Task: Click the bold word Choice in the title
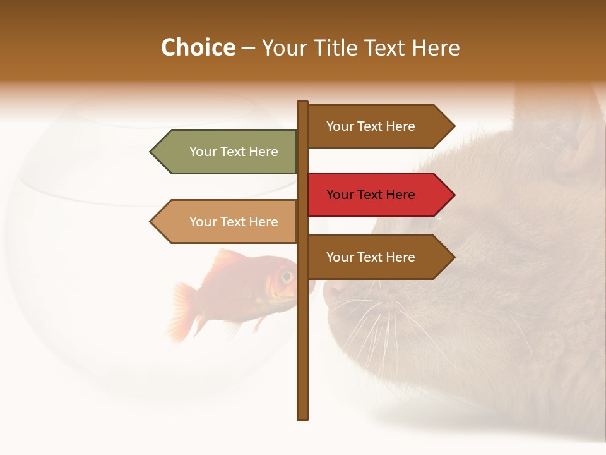(x=198, y=47)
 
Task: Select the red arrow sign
(x=379, y=195)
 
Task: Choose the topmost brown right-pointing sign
(x=379, y=126)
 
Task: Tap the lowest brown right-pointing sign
(x=379, y=257)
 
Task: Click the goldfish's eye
(x=287, y=276)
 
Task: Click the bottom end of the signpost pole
(x=303, y=416)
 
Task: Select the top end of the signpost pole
(x=303, y=104)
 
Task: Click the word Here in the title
(x=436, y=47)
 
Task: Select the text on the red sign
(x=371, y=195)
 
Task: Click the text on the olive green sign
(x=234, y=152)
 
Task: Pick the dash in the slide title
(x=249, y=47)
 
